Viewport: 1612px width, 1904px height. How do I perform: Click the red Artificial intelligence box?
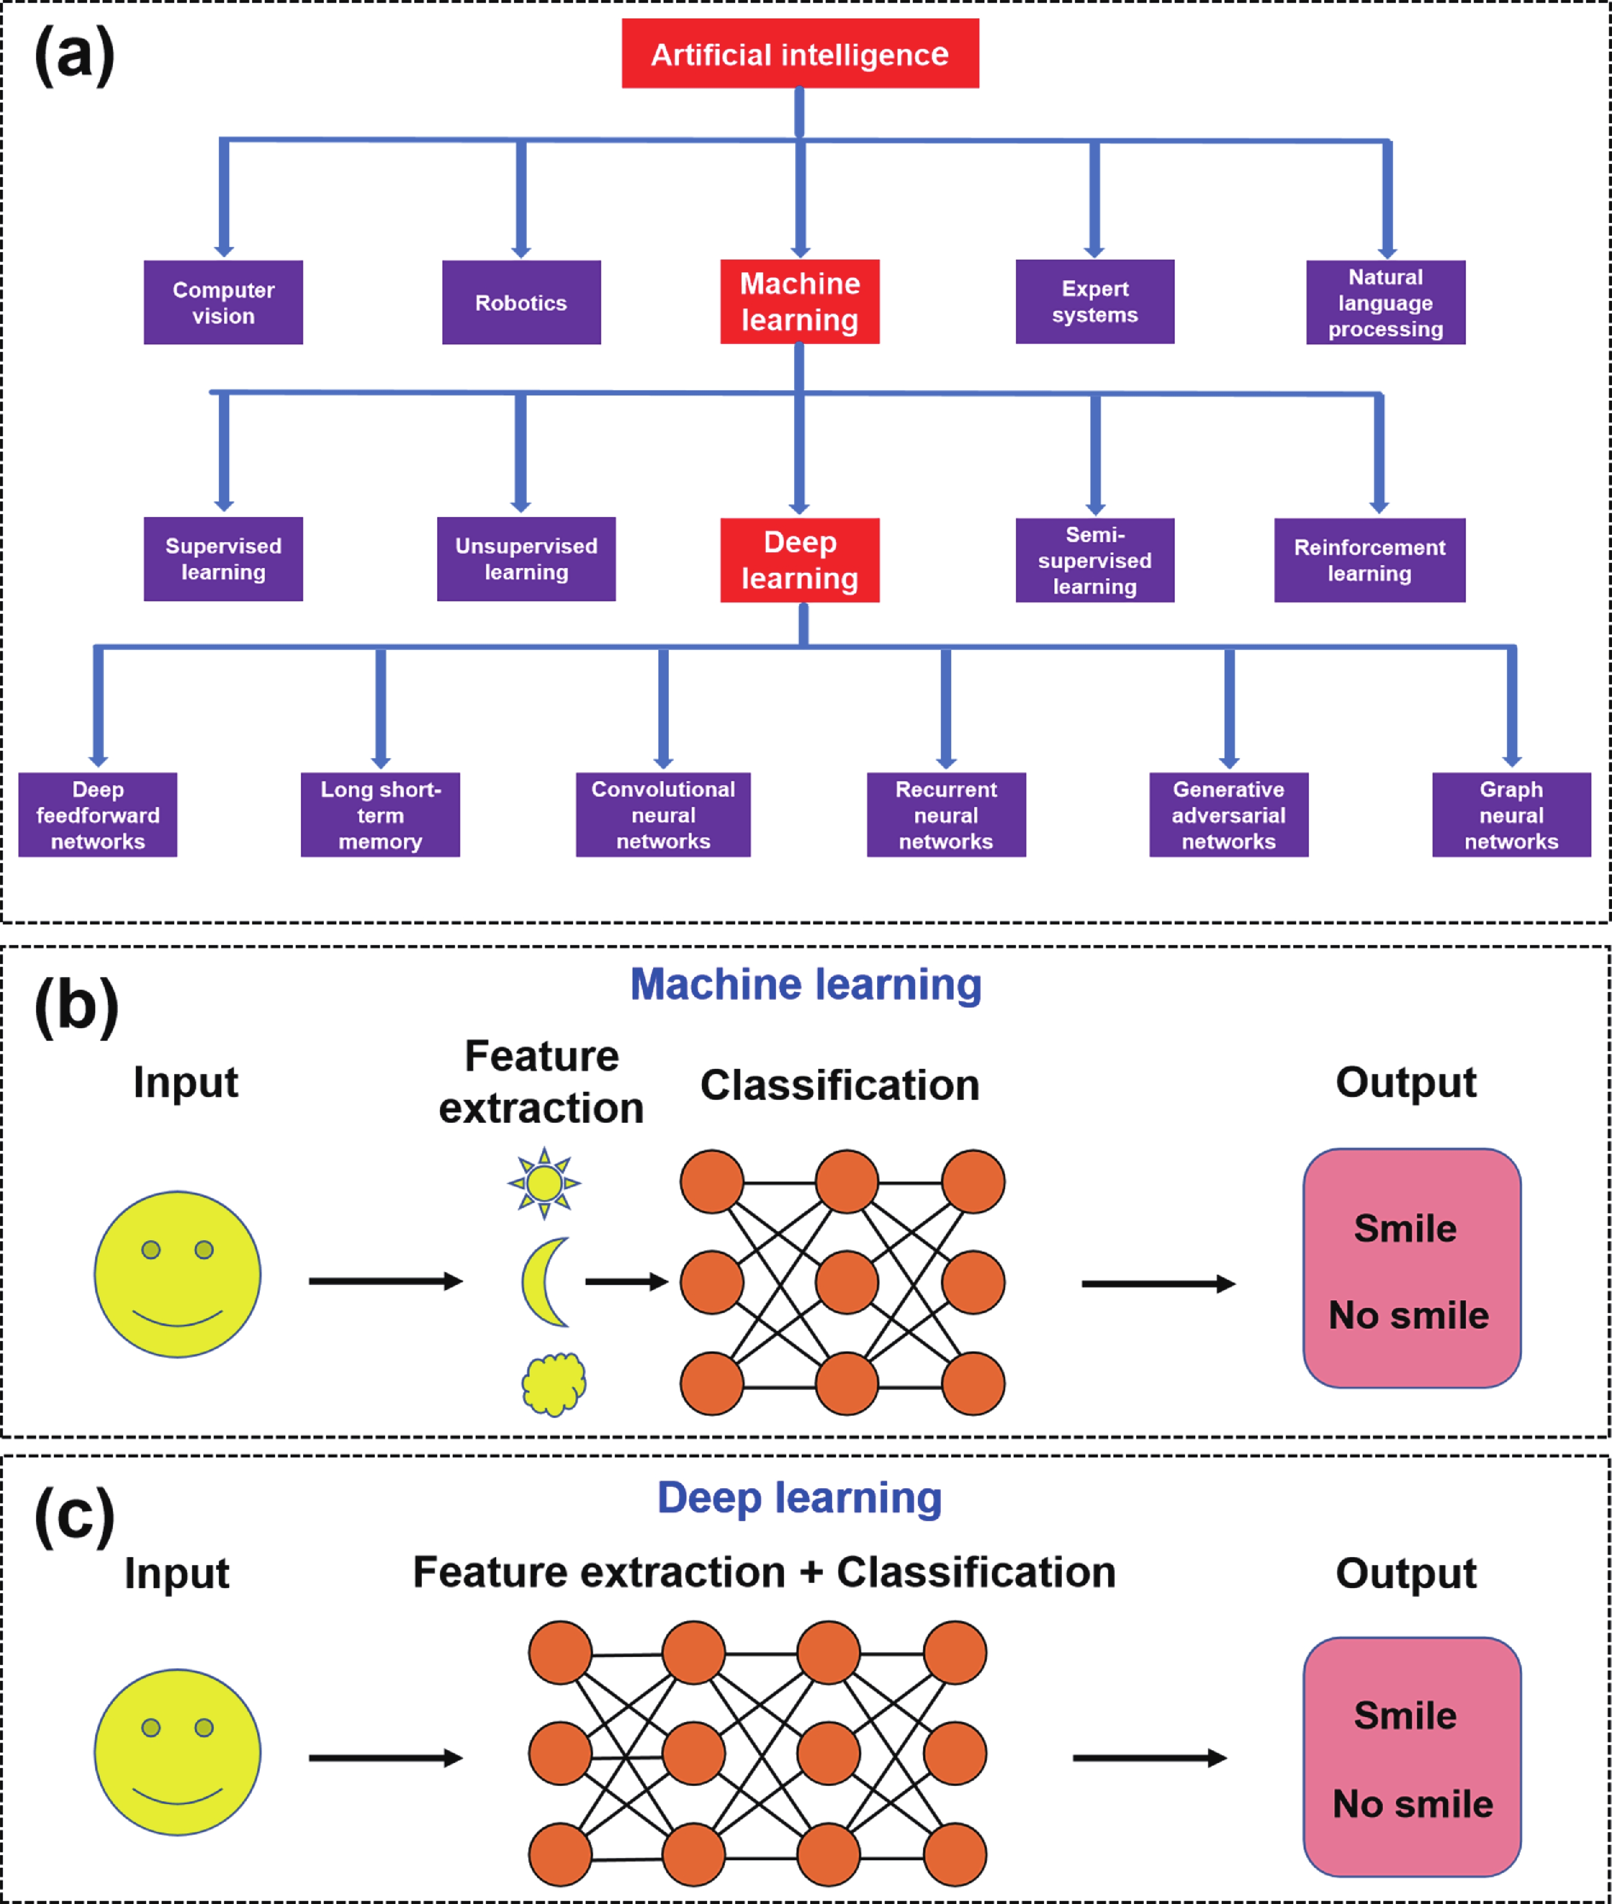(799, 54)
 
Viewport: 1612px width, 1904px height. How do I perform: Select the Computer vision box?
(223, 302)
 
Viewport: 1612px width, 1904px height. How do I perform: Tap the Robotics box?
(521, 302)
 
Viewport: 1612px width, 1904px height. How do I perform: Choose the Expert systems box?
(1095, 301)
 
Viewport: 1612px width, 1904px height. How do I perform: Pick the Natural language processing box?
(1385, 302)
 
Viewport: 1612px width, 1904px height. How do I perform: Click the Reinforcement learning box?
(1369, 560)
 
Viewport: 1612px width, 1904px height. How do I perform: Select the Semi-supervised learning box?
(1095, 560)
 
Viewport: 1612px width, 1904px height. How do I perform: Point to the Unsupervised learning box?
(527, 559)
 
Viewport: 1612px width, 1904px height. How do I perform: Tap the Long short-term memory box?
(380, 814)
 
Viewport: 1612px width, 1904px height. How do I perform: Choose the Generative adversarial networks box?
(1228, 814)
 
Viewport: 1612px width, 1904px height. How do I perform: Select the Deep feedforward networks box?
(98, 814)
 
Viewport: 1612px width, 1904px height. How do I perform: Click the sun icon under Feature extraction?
(544, 1183)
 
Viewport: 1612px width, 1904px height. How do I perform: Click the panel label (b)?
(77, 1005)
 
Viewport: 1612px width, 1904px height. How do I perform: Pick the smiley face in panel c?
(177, 1752)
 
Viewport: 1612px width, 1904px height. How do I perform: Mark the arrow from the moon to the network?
(626, 1282)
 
